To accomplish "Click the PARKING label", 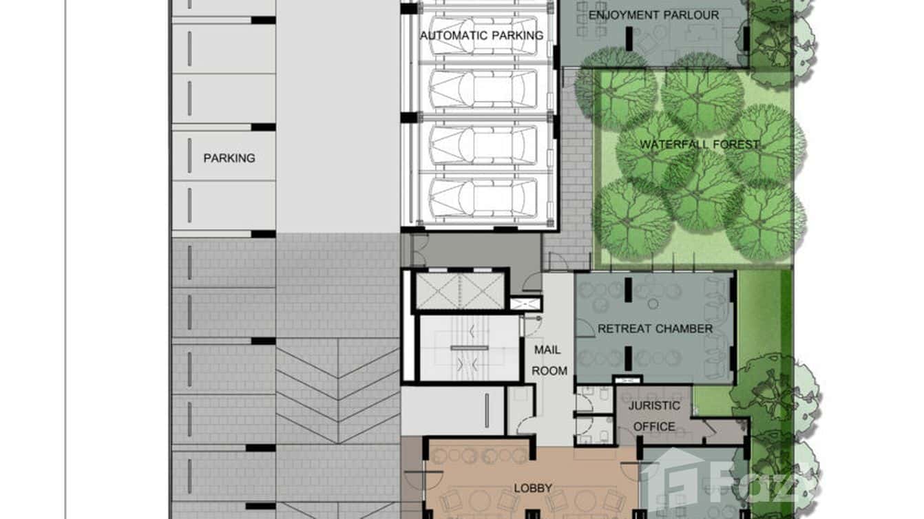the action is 229,158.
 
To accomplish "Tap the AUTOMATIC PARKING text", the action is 481,36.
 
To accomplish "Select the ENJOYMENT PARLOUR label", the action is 654,15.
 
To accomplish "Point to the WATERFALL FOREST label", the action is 699,145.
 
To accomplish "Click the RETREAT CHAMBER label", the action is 655,328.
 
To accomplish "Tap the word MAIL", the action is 547,350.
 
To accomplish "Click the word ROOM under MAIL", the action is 549,371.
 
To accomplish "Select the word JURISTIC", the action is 654,405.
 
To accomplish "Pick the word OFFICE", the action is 654,426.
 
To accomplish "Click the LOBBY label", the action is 532,488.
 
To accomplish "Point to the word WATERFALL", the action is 669,145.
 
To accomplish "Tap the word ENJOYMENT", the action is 622,15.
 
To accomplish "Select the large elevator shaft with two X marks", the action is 460,290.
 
